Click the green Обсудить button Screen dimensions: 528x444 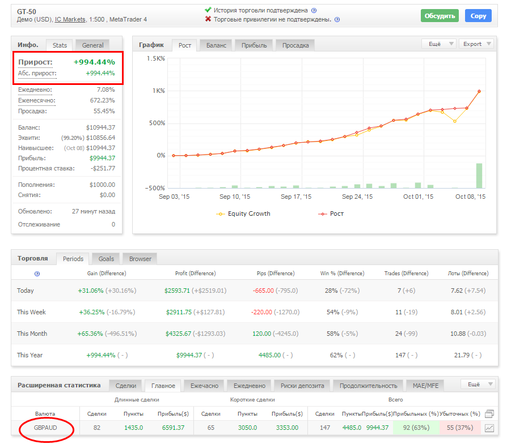(440, 16)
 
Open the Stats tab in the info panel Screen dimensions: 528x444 (60, 45)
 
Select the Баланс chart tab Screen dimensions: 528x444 (216, 45)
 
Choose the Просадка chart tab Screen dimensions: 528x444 (295, 45)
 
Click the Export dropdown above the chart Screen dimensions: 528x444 (476, 44)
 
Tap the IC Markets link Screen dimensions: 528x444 (70, 19)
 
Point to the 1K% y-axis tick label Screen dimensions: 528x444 (158, 91)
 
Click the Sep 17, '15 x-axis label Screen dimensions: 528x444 (296, 197)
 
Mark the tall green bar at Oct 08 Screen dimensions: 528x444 (479, 176)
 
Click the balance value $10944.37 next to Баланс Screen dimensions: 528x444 (100, 127)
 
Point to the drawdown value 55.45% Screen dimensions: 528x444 (104, 111)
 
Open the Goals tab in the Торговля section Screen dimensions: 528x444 (106, 259)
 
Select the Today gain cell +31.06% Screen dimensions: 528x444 (91, 291)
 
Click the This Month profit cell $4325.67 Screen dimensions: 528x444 (178, 334)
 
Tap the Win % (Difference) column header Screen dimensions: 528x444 (342, 274)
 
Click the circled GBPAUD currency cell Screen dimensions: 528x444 (45, 428)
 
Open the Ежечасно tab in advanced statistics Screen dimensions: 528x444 (204, 386)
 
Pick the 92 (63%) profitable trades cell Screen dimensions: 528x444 (416, 428)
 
